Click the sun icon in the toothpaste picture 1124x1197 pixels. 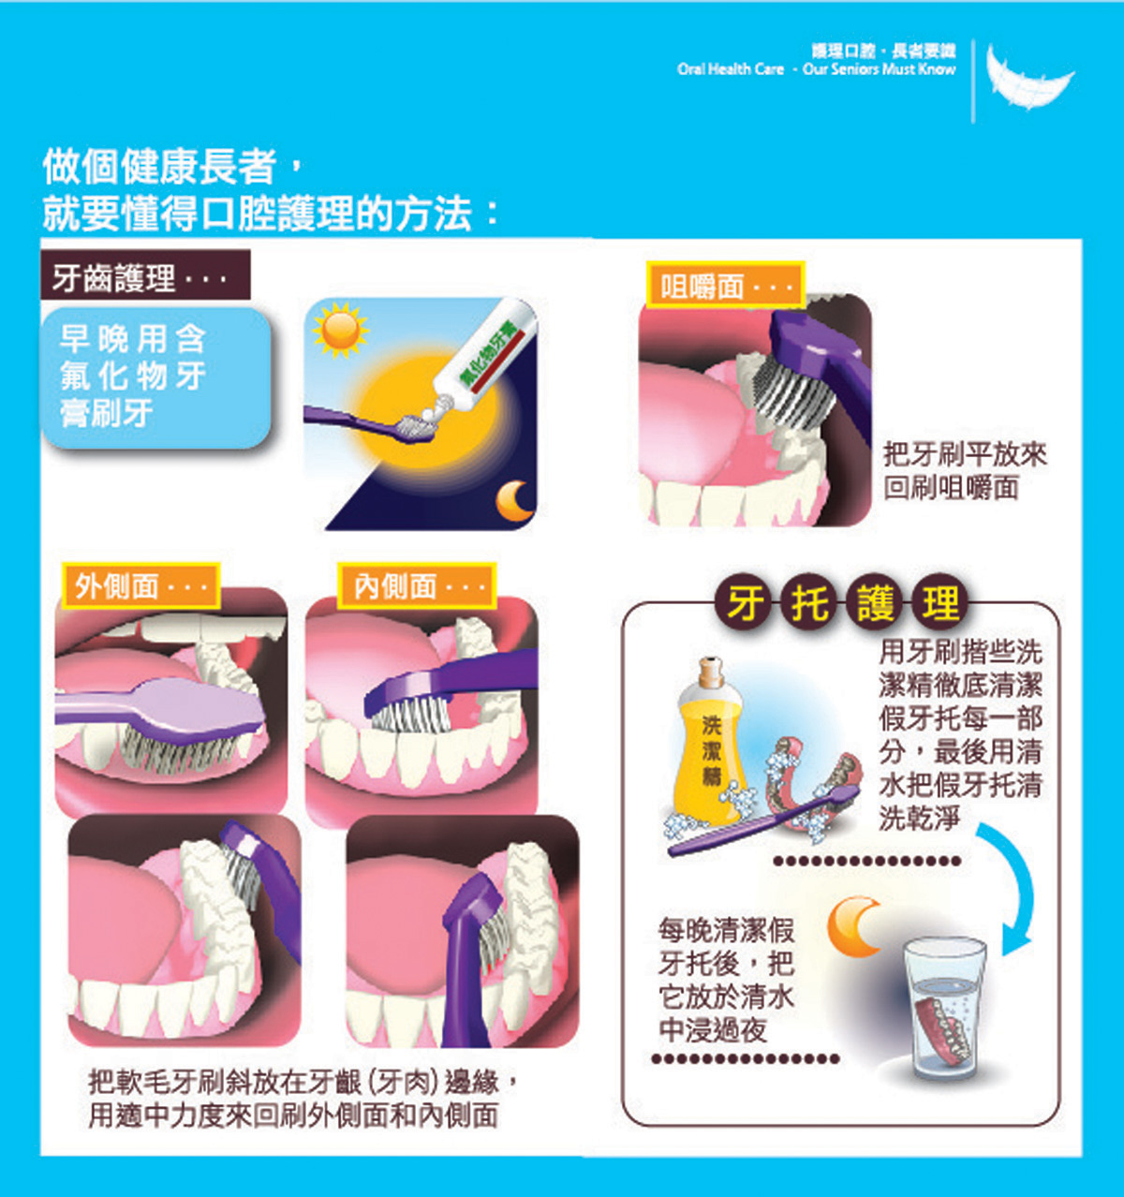click(340, 331)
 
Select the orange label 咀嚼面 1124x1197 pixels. click(726, 285)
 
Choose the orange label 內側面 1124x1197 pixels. click(417, 585)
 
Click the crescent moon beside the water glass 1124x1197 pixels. click(851, 926)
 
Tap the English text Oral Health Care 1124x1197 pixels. click(731, 69)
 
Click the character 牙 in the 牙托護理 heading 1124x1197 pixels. click(747, 603)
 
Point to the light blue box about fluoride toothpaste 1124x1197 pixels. click(155, 378)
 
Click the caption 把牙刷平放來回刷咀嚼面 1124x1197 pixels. click(965, 471)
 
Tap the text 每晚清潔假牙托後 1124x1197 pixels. click(726, 948)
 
